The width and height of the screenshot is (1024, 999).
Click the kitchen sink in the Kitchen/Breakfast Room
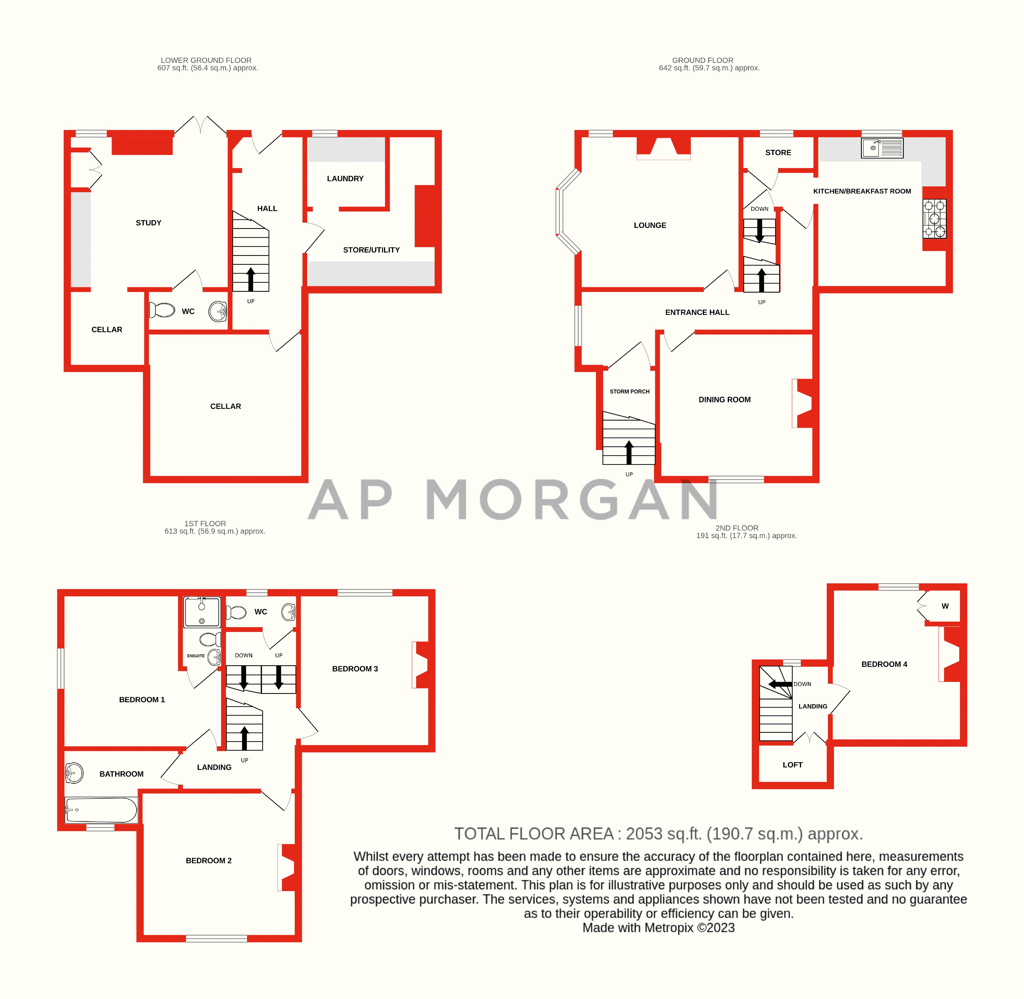(x=882, y=148)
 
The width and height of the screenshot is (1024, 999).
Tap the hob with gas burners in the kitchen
(x=934, y=218)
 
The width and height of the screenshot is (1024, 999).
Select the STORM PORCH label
(x=629, y=391)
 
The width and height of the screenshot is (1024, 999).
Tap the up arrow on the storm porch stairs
(x=629, y=451)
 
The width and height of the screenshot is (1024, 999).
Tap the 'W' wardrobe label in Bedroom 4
(x=945, y=606)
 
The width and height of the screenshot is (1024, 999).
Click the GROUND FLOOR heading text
(x=702, y=60)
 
